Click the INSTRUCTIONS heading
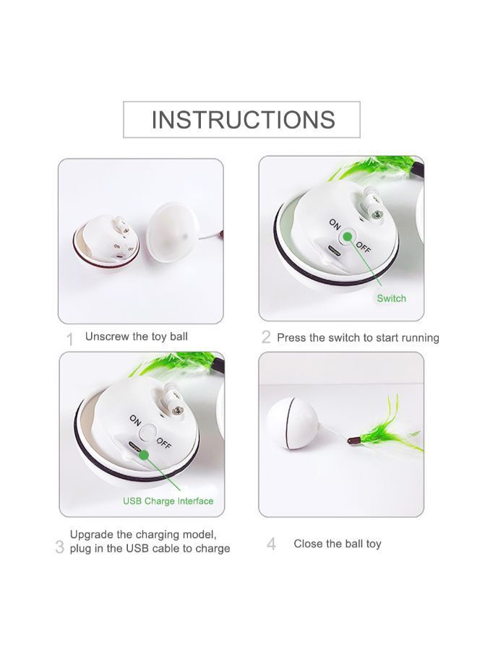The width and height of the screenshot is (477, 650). click(x=243, y=120)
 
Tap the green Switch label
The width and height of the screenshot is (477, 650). click(x=391, y=298)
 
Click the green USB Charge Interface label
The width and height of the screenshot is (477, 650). click(x=168, y=501)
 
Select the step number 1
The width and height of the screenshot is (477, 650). click(x=69, y=339)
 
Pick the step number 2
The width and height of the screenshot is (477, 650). click(x=266, y=337)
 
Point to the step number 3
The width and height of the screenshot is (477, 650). click(x=60, y=547)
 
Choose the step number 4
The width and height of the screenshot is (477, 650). click(x=271, y=544)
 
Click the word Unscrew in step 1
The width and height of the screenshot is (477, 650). click(x=107, y=336)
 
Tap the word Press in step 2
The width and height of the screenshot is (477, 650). click(x=291, y=338)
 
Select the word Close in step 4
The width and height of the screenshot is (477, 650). click(x=307, y=543)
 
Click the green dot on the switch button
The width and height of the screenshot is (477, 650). click(x=347, y=237)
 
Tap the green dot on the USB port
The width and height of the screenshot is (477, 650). click(x=144, y=455)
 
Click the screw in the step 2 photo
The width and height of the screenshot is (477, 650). click(x=377, y=214)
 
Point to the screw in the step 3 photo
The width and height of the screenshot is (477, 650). click(x=178, y=410)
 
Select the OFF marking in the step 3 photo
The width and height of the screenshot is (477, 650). click(x=164, y=443)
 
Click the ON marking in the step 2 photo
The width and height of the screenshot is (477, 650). click(x=335, y=224)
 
